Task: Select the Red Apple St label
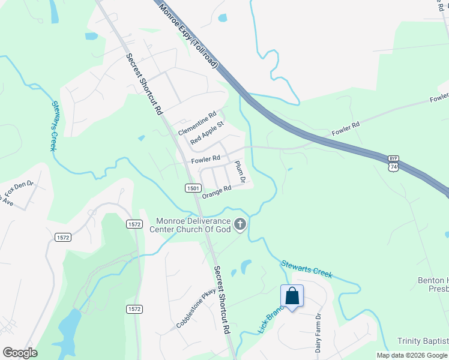[x=206, y=133]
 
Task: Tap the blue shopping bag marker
[x=292, y=296]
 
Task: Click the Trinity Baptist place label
[x=423, y=341]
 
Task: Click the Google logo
[x=20, y=353]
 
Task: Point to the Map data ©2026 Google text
[x=411, y=355]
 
